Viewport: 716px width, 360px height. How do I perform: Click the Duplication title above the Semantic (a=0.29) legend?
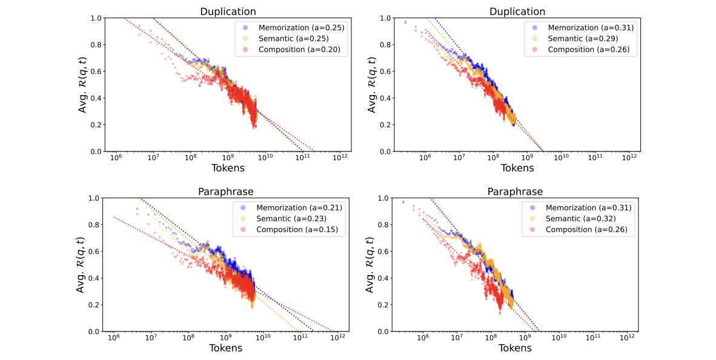(516, 12)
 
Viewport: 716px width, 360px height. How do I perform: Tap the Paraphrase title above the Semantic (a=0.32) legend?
(516, 192)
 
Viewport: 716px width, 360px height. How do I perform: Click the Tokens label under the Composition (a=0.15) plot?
(226, 348)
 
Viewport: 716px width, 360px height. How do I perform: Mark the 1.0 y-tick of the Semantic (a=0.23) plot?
(95, 198)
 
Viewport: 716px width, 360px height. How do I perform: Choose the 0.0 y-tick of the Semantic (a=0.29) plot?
(384, 152)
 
